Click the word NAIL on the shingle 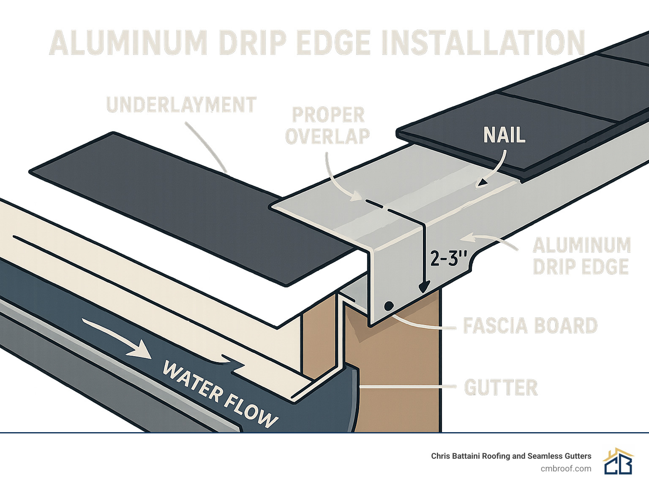[x=504, y=135]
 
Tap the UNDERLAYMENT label [x=181, y=105]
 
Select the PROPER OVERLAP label [x=327, y=126]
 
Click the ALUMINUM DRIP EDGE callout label [x=581, y=256]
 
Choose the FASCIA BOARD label [x=530, y=326]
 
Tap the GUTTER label [x=501, y=387]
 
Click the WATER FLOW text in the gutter [x=220, y=394]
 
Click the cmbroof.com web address [x=566, y=468]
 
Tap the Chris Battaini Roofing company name [x=511, y=456]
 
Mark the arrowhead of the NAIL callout [x=480, y=184]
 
